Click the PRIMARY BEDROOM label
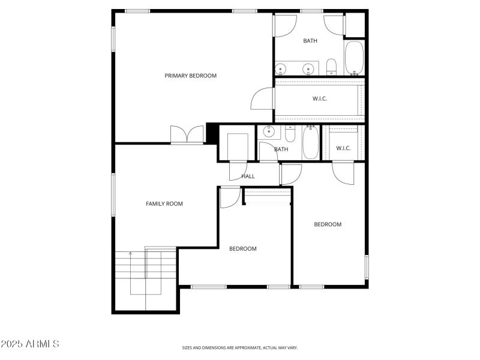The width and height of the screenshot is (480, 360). click(190, 76)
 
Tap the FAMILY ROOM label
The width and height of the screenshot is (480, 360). click(164, 204)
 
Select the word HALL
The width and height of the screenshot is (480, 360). click(248, 176)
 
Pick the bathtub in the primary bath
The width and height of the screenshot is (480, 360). click(354, 58)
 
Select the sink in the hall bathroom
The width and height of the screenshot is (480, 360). click(268, 132)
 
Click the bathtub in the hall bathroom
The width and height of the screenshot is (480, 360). click(311, 142)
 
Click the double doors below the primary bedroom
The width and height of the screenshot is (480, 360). click(187, 135)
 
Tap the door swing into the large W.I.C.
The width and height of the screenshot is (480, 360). click(263, 98)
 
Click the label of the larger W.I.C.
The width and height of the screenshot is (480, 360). click(319, 99)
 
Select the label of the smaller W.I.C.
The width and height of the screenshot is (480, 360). click(343, 148)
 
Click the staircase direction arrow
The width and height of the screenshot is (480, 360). click(130, 254)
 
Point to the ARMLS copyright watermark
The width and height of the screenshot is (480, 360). click(30, 344)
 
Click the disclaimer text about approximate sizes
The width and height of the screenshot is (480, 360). click(240, 347)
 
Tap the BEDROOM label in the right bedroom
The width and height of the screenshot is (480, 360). click(328, 224)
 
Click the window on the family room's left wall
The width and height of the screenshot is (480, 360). click(113, 195)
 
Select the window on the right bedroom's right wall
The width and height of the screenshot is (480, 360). click(366, 267)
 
